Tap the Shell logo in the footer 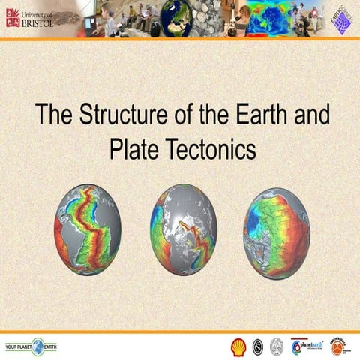(238, 346)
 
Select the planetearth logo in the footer (307, 346)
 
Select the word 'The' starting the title (52, 116)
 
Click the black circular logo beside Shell (257, 346)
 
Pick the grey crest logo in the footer (276, 346)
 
